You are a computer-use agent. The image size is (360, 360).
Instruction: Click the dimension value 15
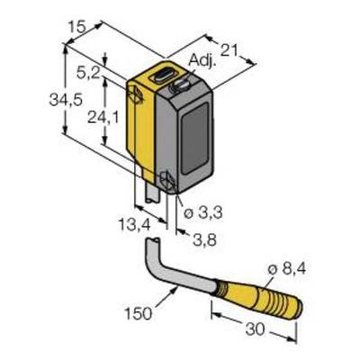pos(76,27)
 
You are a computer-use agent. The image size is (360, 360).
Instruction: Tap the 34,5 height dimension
pos(66,100)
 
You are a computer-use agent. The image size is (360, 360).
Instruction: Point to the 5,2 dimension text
pos(88,73)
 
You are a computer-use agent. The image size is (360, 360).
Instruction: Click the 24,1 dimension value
pos(103,117)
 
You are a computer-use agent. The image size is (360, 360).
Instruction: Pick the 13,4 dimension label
pos(134,224)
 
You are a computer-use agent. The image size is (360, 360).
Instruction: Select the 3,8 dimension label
pos(205,240)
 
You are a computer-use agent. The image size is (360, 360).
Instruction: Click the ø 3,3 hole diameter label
pos(203,213)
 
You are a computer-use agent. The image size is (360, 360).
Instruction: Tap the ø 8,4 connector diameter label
pos(286,269)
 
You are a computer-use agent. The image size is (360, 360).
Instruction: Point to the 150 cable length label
pos(139,314)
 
